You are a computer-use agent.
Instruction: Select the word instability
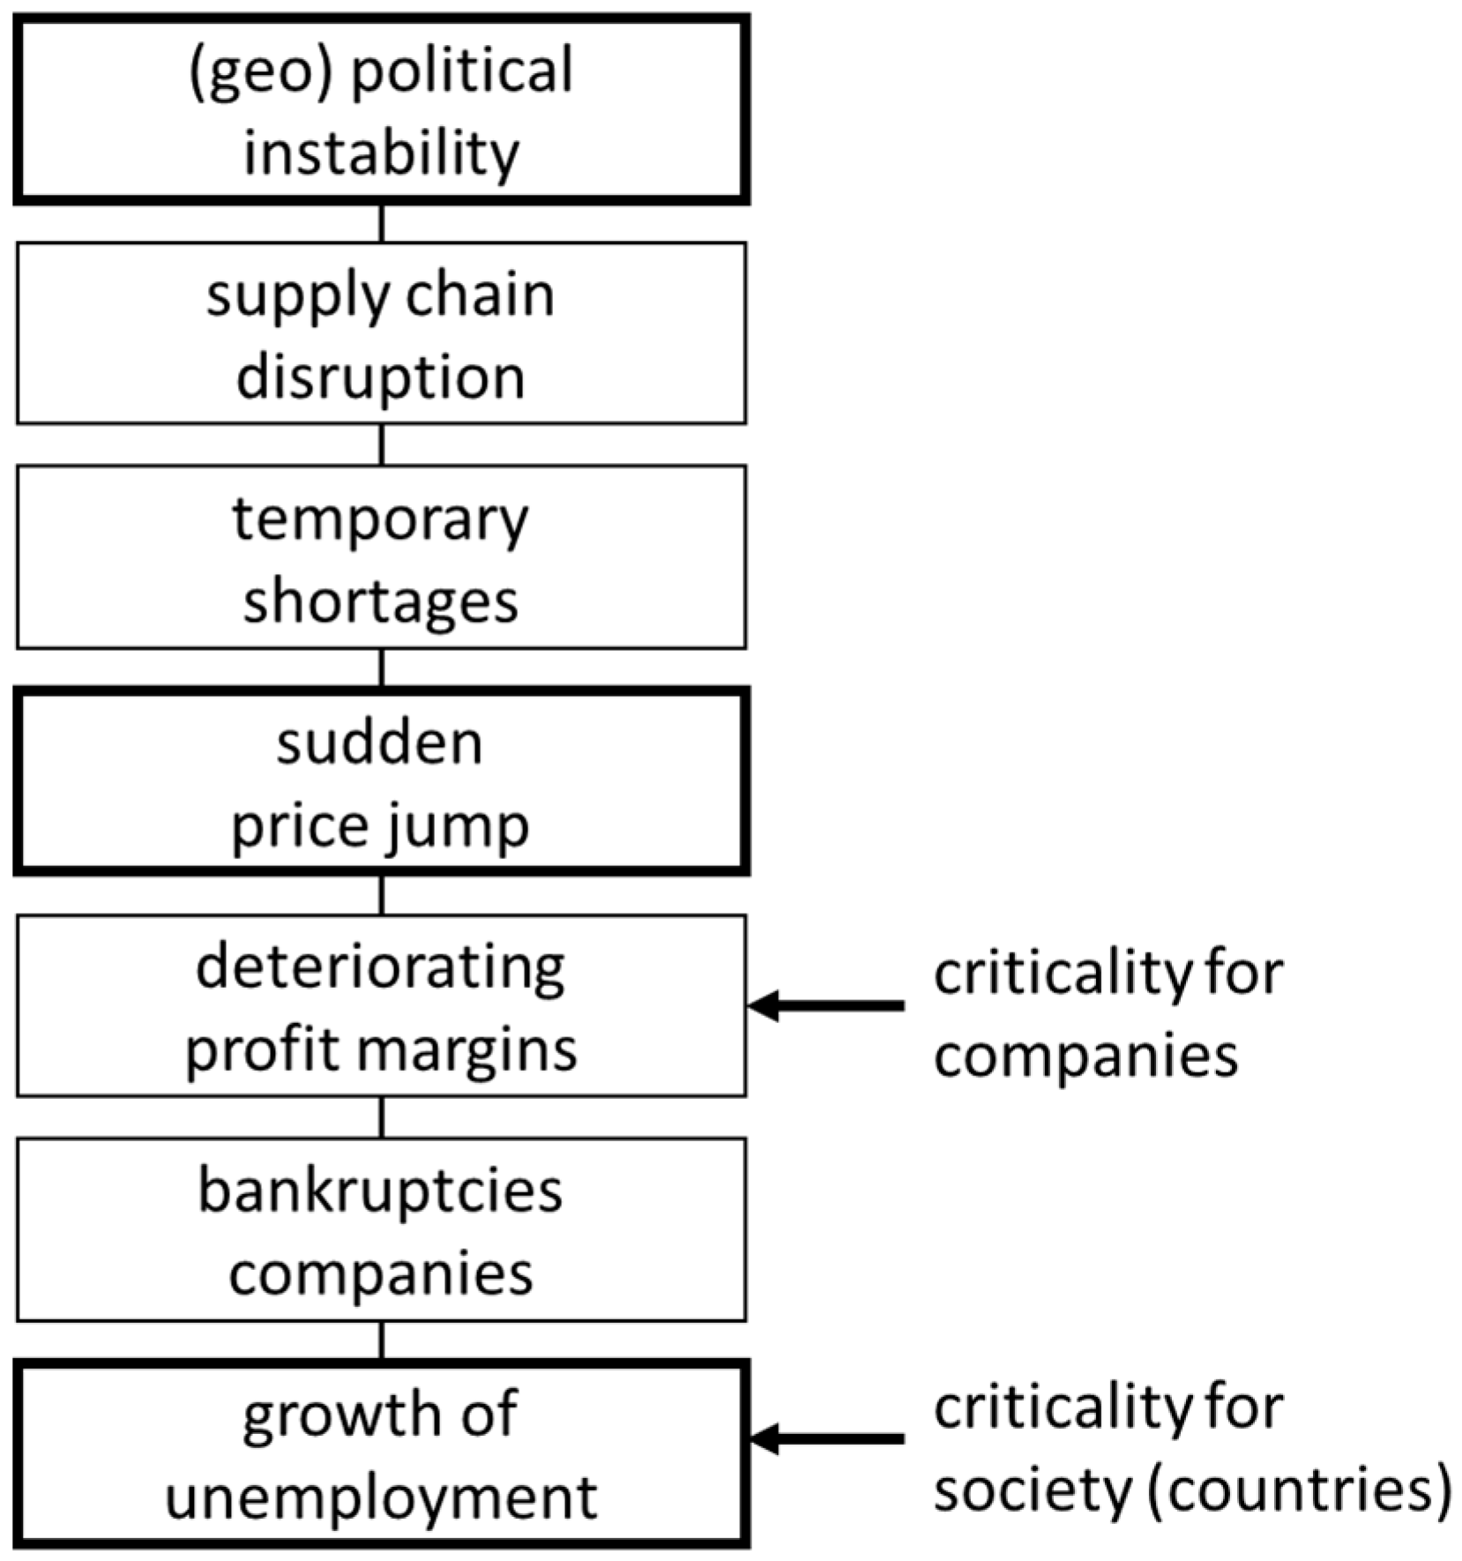click(381, 153)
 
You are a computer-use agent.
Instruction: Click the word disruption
click(381, 377)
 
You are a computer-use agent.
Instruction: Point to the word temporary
click(381, 520)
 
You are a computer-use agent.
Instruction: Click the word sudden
click(380, 743)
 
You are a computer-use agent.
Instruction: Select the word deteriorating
click(381, 967)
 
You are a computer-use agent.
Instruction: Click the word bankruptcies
click(381, 1191)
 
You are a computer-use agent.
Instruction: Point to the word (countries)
click(1299, 1490)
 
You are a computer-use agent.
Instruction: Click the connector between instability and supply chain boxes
click(382, 224)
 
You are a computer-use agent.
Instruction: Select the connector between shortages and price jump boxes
click(382, 668)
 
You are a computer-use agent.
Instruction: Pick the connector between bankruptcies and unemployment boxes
click(382, 1341)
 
